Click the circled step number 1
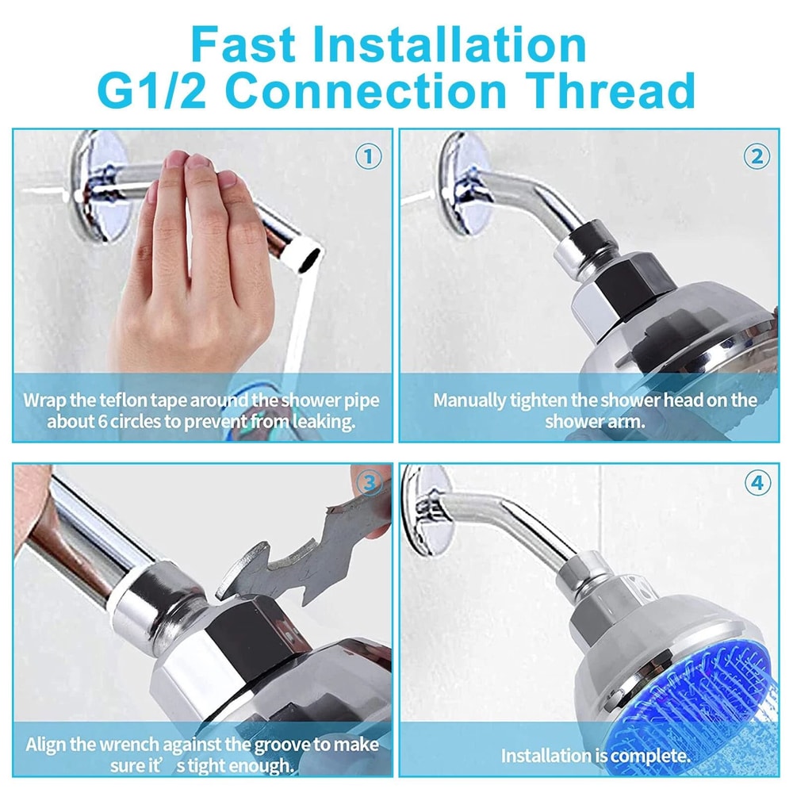368,156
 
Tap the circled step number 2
757,156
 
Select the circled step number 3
368,483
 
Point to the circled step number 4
757,483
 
